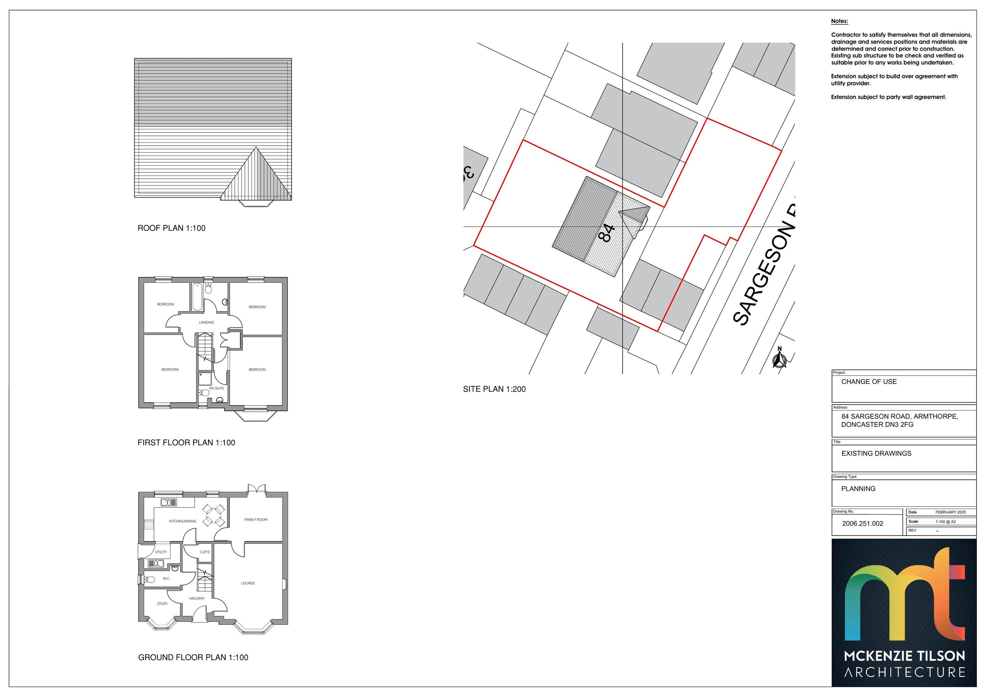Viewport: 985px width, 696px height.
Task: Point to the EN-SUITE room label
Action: point(217,389)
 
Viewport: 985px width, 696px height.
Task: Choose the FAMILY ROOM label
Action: point(256,520)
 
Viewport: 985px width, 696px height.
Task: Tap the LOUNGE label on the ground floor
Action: point(248,583)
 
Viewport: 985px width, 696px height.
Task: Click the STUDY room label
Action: point(162,604)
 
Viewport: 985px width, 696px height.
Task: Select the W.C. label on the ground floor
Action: point(166,579)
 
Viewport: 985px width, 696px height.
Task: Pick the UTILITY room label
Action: point(161,552)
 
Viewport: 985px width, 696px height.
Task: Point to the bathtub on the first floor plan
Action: point(197,296)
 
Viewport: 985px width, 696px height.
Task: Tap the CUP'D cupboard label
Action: point(205,552)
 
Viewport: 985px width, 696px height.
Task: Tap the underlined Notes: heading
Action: point(840,21)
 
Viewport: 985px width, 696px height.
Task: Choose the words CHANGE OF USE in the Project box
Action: point(869,382)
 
